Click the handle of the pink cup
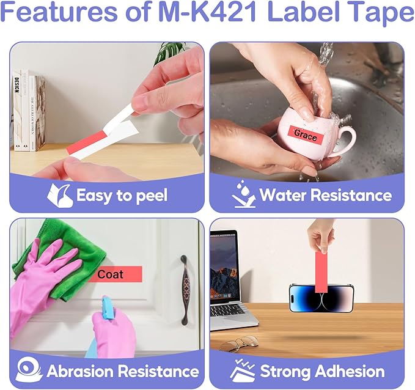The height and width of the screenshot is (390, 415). (x=346, y=142)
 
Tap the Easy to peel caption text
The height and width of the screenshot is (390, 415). (x=122, y=196)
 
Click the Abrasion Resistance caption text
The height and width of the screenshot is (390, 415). (x=123, y=371)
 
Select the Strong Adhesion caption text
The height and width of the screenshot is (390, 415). (x=322, y=371)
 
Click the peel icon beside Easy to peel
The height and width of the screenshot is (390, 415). (x=61, y=195)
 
